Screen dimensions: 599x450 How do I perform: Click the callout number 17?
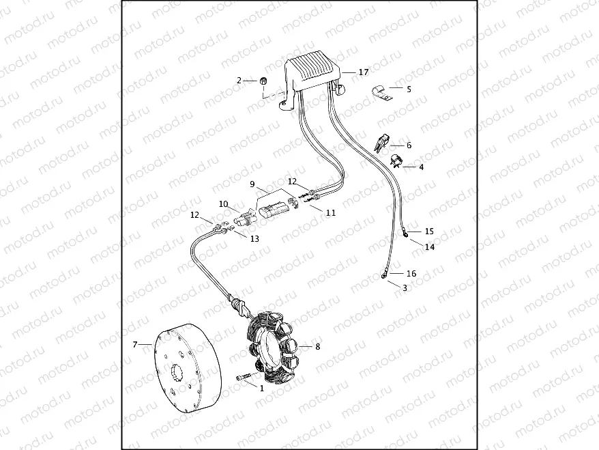363,72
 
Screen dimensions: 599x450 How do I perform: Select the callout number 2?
239,81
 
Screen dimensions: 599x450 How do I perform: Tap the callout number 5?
409,89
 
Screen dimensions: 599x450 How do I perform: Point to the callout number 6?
409,145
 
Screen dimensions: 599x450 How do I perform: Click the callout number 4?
421,167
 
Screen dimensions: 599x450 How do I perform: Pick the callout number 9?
252,184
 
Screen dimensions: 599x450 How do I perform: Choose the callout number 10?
223,203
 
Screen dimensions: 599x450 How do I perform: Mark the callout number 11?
330,212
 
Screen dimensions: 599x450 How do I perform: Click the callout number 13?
254,239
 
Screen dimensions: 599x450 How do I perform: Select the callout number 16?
411,273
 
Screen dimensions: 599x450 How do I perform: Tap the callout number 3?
405,288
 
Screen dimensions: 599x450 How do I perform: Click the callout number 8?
317,347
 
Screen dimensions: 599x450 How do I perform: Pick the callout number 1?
261,387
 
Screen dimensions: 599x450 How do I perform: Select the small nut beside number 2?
263,82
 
